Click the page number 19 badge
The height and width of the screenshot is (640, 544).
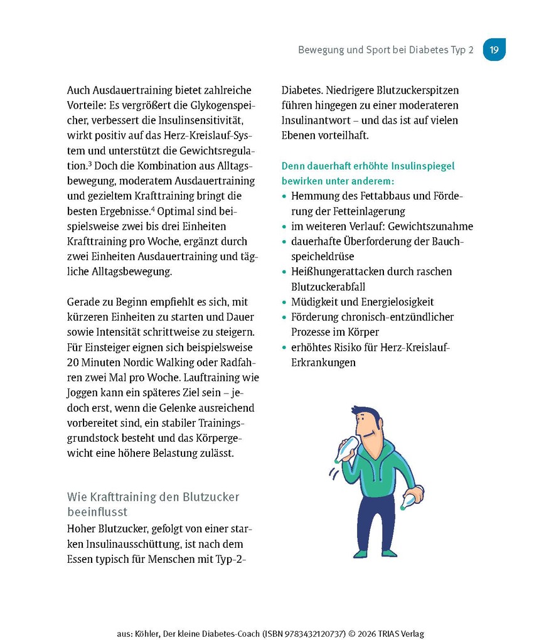(494, 50)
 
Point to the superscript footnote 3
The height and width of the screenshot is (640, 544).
(90, 164)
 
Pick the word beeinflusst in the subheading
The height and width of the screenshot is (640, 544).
(97, 512)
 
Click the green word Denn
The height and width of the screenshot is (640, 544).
(293, 166)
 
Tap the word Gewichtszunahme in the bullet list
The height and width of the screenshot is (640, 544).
(433, 227)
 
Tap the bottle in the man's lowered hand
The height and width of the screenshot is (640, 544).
(411, 500)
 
